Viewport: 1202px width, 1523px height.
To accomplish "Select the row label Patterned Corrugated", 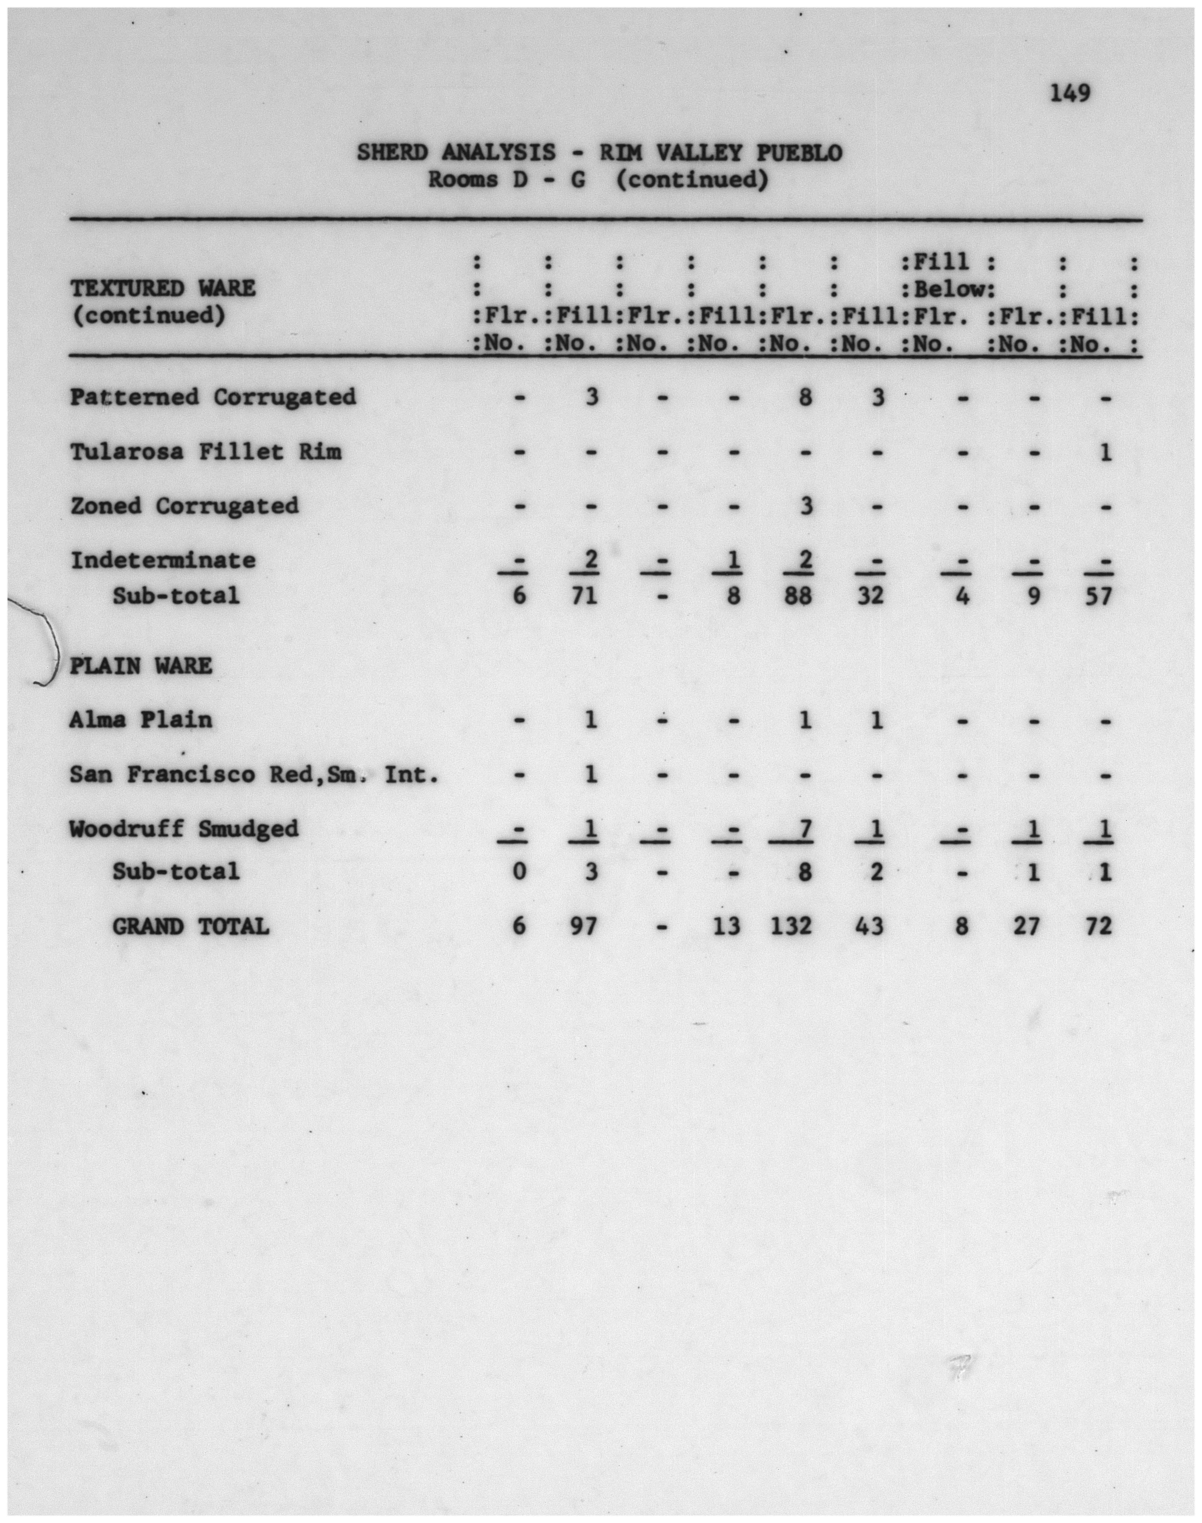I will click(x=213, y=398).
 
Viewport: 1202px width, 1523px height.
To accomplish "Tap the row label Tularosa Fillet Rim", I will click(x=205, y=452).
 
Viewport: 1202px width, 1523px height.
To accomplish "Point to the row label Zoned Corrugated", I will click(x=184, y=506).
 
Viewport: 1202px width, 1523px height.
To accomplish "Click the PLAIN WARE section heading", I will click(x=141, y=665).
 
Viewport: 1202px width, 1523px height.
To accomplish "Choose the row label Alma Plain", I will click(x=141, y=720).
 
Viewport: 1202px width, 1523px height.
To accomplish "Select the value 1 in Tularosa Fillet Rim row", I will click(x=1105, y=452).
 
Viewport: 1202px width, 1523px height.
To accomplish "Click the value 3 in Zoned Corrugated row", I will click(x=806, y=506).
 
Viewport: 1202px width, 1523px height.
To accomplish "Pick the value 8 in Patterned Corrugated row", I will click(x=806, y=398).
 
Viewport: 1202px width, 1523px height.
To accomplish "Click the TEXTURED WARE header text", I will click(x=163, y=289).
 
